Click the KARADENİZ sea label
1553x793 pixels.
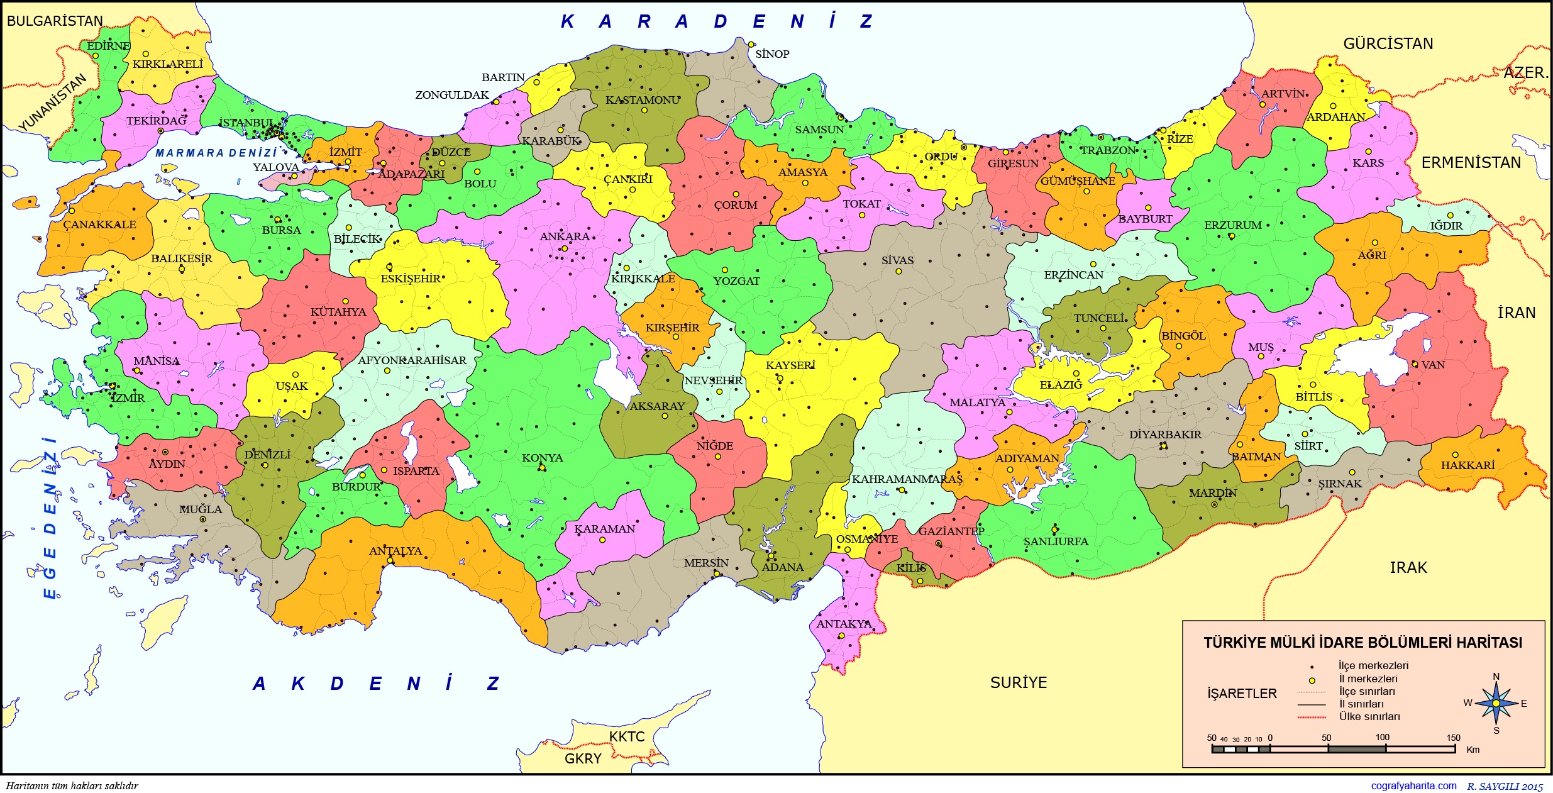[x=717, y=22]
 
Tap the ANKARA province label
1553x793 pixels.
[x=565, y=237]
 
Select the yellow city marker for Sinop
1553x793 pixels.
[x=751, y=44]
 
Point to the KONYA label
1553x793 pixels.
[x=542, y=458]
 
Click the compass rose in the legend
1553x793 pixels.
[x=1496, y=703]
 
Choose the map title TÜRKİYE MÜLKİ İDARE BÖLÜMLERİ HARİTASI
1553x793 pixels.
[x=1362, y=643]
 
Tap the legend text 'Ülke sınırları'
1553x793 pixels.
[x=1369, y=717]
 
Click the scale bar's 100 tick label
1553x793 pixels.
[x=1382, y=738]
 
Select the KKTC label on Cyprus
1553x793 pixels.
[x=626, y=736]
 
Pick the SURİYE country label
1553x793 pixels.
[x=1019, y=682]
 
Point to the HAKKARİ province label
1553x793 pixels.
[x=1467, y=465]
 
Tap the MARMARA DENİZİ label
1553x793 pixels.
[x=216, y=153]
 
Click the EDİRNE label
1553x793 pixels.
[x=108, y=46]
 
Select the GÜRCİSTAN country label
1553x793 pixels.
[x=1388, y=43]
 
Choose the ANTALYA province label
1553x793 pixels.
[x=395, y=551]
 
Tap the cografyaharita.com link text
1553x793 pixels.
[x=1413, y=785]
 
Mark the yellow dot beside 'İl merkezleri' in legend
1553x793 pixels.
[x=1312, y=680]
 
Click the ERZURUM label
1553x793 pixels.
[x=1232, y=225]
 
